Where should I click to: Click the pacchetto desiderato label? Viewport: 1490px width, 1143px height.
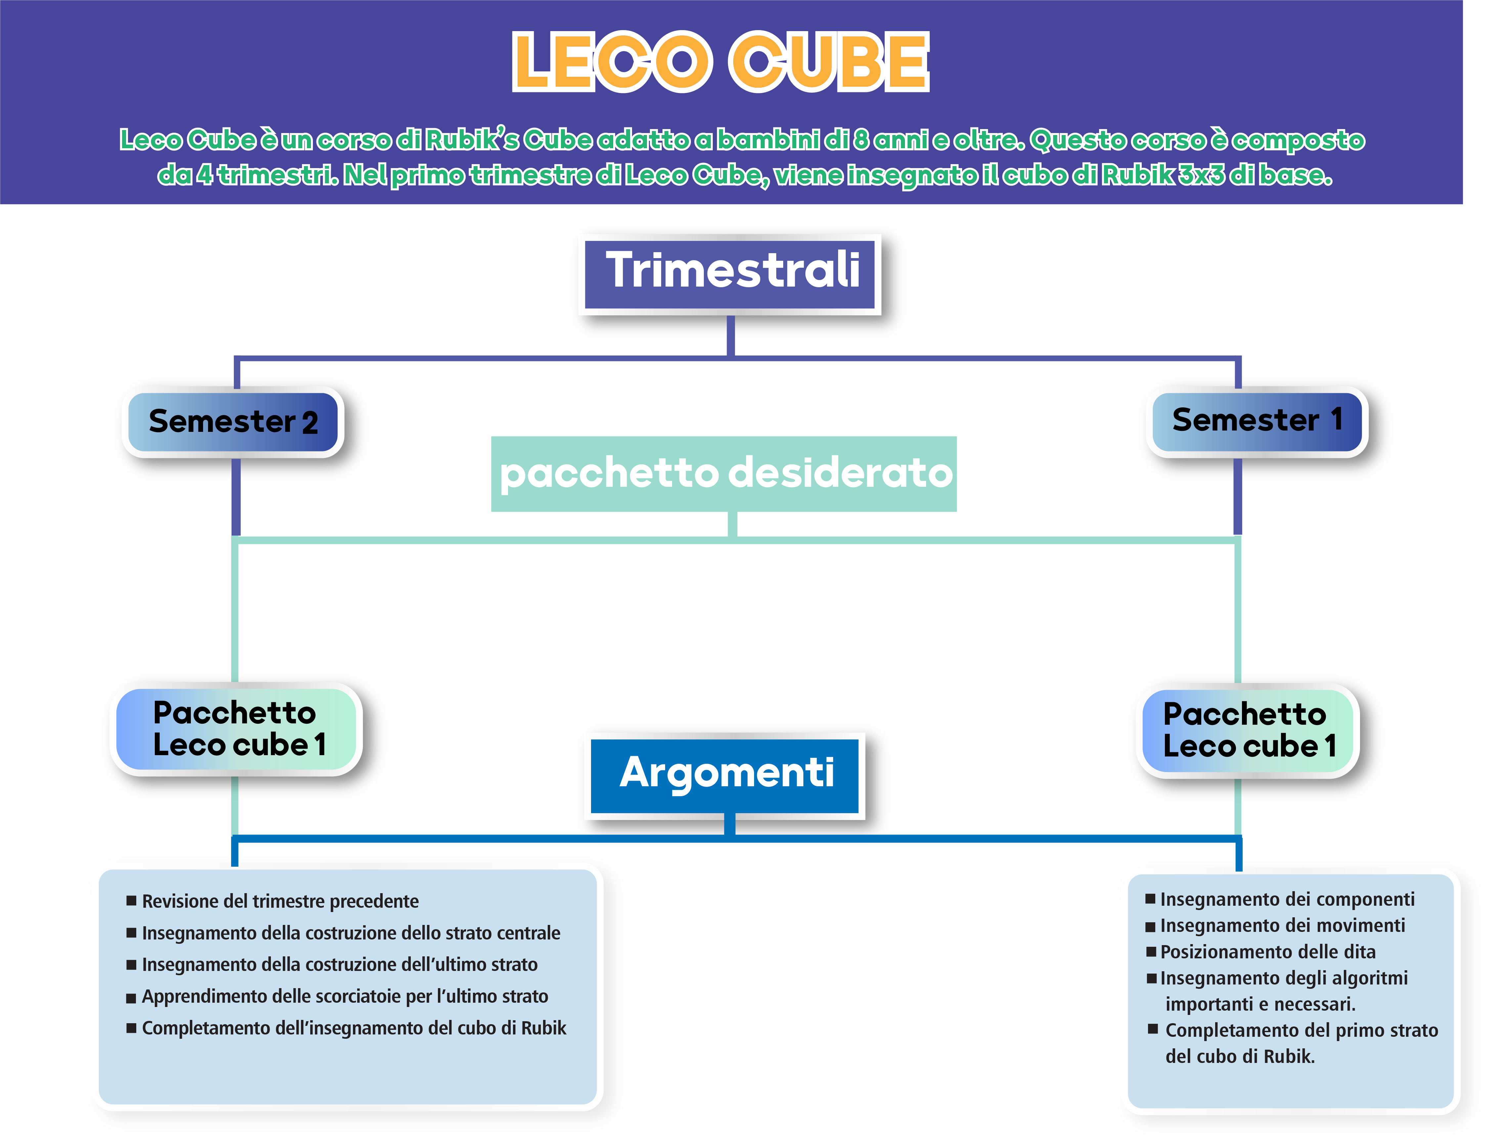[725, 474]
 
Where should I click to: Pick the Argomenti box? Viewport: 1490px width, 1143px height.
[726, 774]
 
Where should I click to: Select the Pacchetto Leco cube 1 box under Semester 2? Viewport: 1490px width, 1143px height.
[238, 729]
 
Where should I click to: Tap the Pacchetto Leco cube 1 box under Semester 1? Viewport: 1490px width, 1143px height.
[1249, 730]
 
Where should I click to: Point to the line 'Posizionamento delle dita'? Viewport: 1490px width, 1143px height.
[1268, 952]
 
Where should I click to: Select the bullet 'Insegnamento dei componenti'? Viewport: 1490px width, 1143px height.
[1287, 899]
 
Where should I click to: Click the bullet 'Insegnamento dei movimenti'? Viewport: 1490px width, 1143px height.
[1282, 926]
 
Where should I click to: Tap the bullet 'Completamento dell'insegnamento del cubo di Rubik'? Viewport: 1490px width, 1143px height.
[354, 1028]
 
